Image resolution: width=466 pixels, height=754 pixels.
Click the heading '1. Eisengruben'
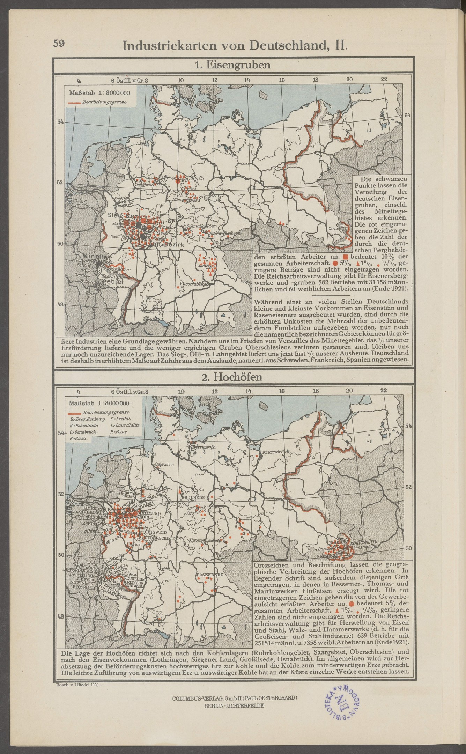[232, 65]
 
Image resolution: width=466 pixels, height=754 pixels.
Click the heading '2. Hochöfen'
[233, 377]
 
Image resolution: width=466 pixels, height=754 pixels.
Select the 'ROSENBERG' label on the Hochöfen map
[210, 574]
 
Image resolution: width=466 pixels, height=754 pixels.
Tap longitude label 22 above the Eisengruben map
[384, 80]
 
